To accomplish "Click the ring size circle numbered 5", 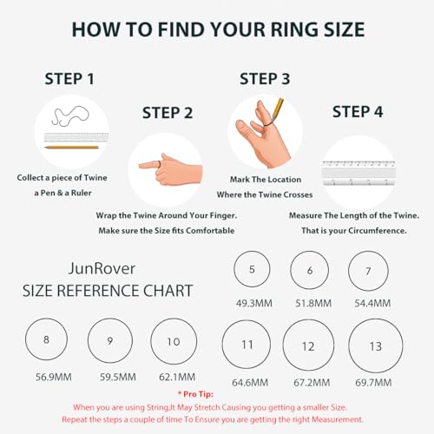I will [x=252, y=270].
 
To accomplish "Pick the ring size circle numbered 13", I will [x=375, y=345].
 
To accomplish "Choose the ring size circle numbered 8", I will [x=46, y=340].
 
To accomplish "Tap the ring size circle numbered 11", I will [x=247, y=345].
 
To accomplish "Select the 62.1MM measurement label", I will [x=172, y=378].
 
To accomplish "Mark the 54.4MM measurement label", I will [x=368, y=305].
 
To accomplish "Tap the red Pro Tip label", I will [x=217, y=394].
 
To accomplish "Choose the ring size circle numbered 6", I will [x=311, y=271].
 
